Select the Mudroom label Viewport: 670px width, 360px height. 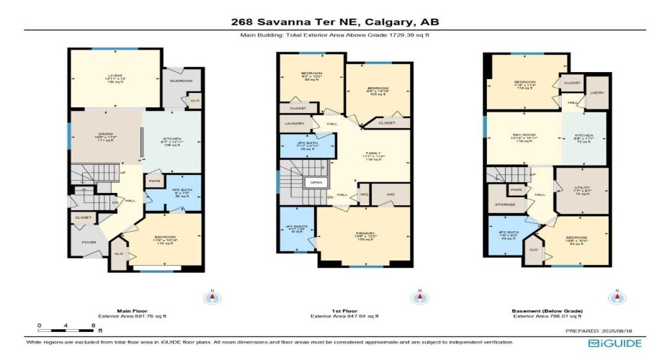[x=176, y=81]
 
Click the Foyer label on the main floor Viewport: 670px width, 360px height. [x=89, y=243]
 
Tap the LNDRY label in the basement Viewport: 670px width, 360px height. [x=596, y=92]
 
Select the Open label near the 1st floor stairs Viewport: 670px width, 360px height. [x=316, y=183]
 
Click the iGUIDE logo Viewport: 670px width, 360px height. [x=615, y=343]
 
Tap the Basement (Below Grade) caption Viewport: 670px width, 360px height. [x=548, y=310]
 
